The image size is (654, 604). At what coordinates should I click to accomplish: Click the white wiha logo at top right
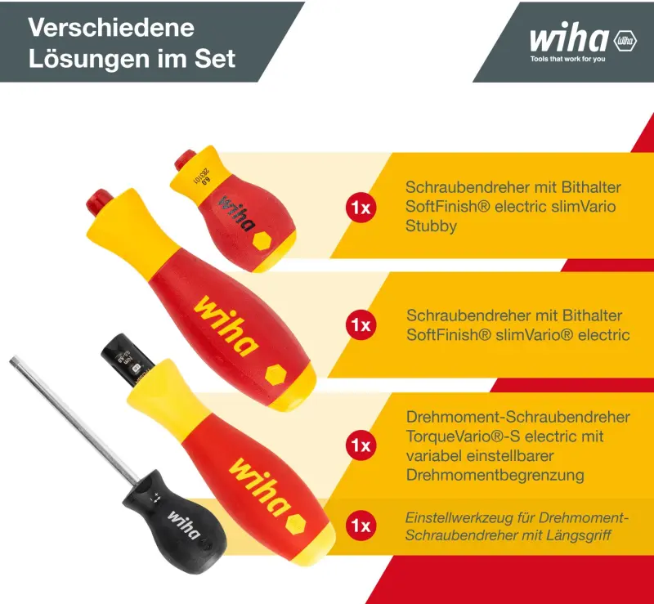point(569,39)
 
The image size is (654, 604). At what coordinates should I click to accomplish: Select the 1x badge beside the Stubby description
point(361,208)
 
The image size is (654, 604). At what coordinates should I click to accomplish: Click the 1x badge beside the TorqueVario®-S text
point(361,445)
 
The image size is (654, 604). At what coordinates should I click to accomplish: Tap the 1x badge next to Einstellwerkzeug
point(361,526)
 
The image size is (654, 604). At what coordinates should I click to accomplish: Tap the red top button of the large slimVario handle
point(101,199)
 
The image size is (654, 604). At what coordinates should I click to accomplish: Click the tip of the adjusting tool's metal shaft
point(14,360)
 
